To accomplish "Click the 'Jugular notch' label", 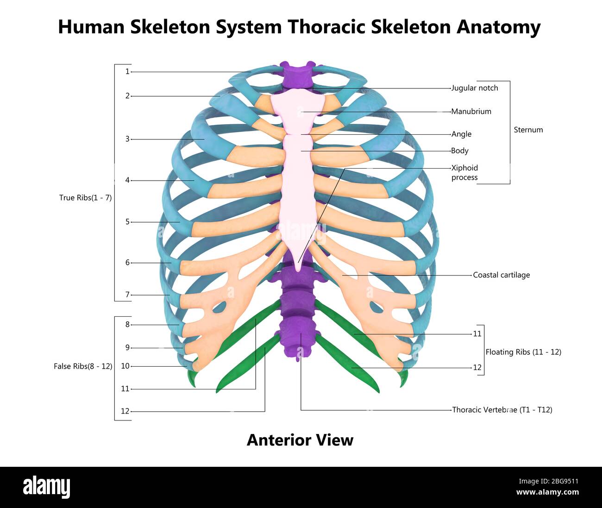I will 475,88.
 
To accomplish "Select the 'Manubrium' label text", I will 471,112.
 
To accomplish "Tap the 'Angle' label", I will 461,134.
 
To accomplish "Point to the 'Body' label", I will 460,151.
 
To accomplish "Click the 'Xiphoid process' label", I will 464,173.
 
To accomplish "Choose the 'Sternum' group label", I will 528,130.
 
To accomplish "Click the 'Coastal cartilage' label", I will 501,275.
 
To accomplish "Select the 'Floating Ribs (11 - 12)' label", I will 523,352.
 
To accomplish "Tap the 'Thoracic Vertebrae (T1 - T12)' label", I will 502,410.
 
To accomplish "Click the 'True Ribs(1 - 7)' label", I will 85,198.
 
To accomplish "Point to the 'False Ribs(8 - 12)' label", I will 83,366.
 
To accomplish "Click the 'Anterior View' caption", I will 300,440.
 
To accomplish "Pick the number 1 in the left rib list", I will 127,72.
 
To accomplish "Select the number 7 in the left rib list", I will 127,295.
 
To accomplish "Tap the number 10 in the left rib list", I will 125,366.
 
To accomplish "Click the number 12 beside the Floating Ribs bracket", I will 477,368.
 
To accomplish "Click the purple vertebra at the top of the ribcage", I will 298,74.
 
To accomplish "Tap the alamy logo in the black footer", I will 46,487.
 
